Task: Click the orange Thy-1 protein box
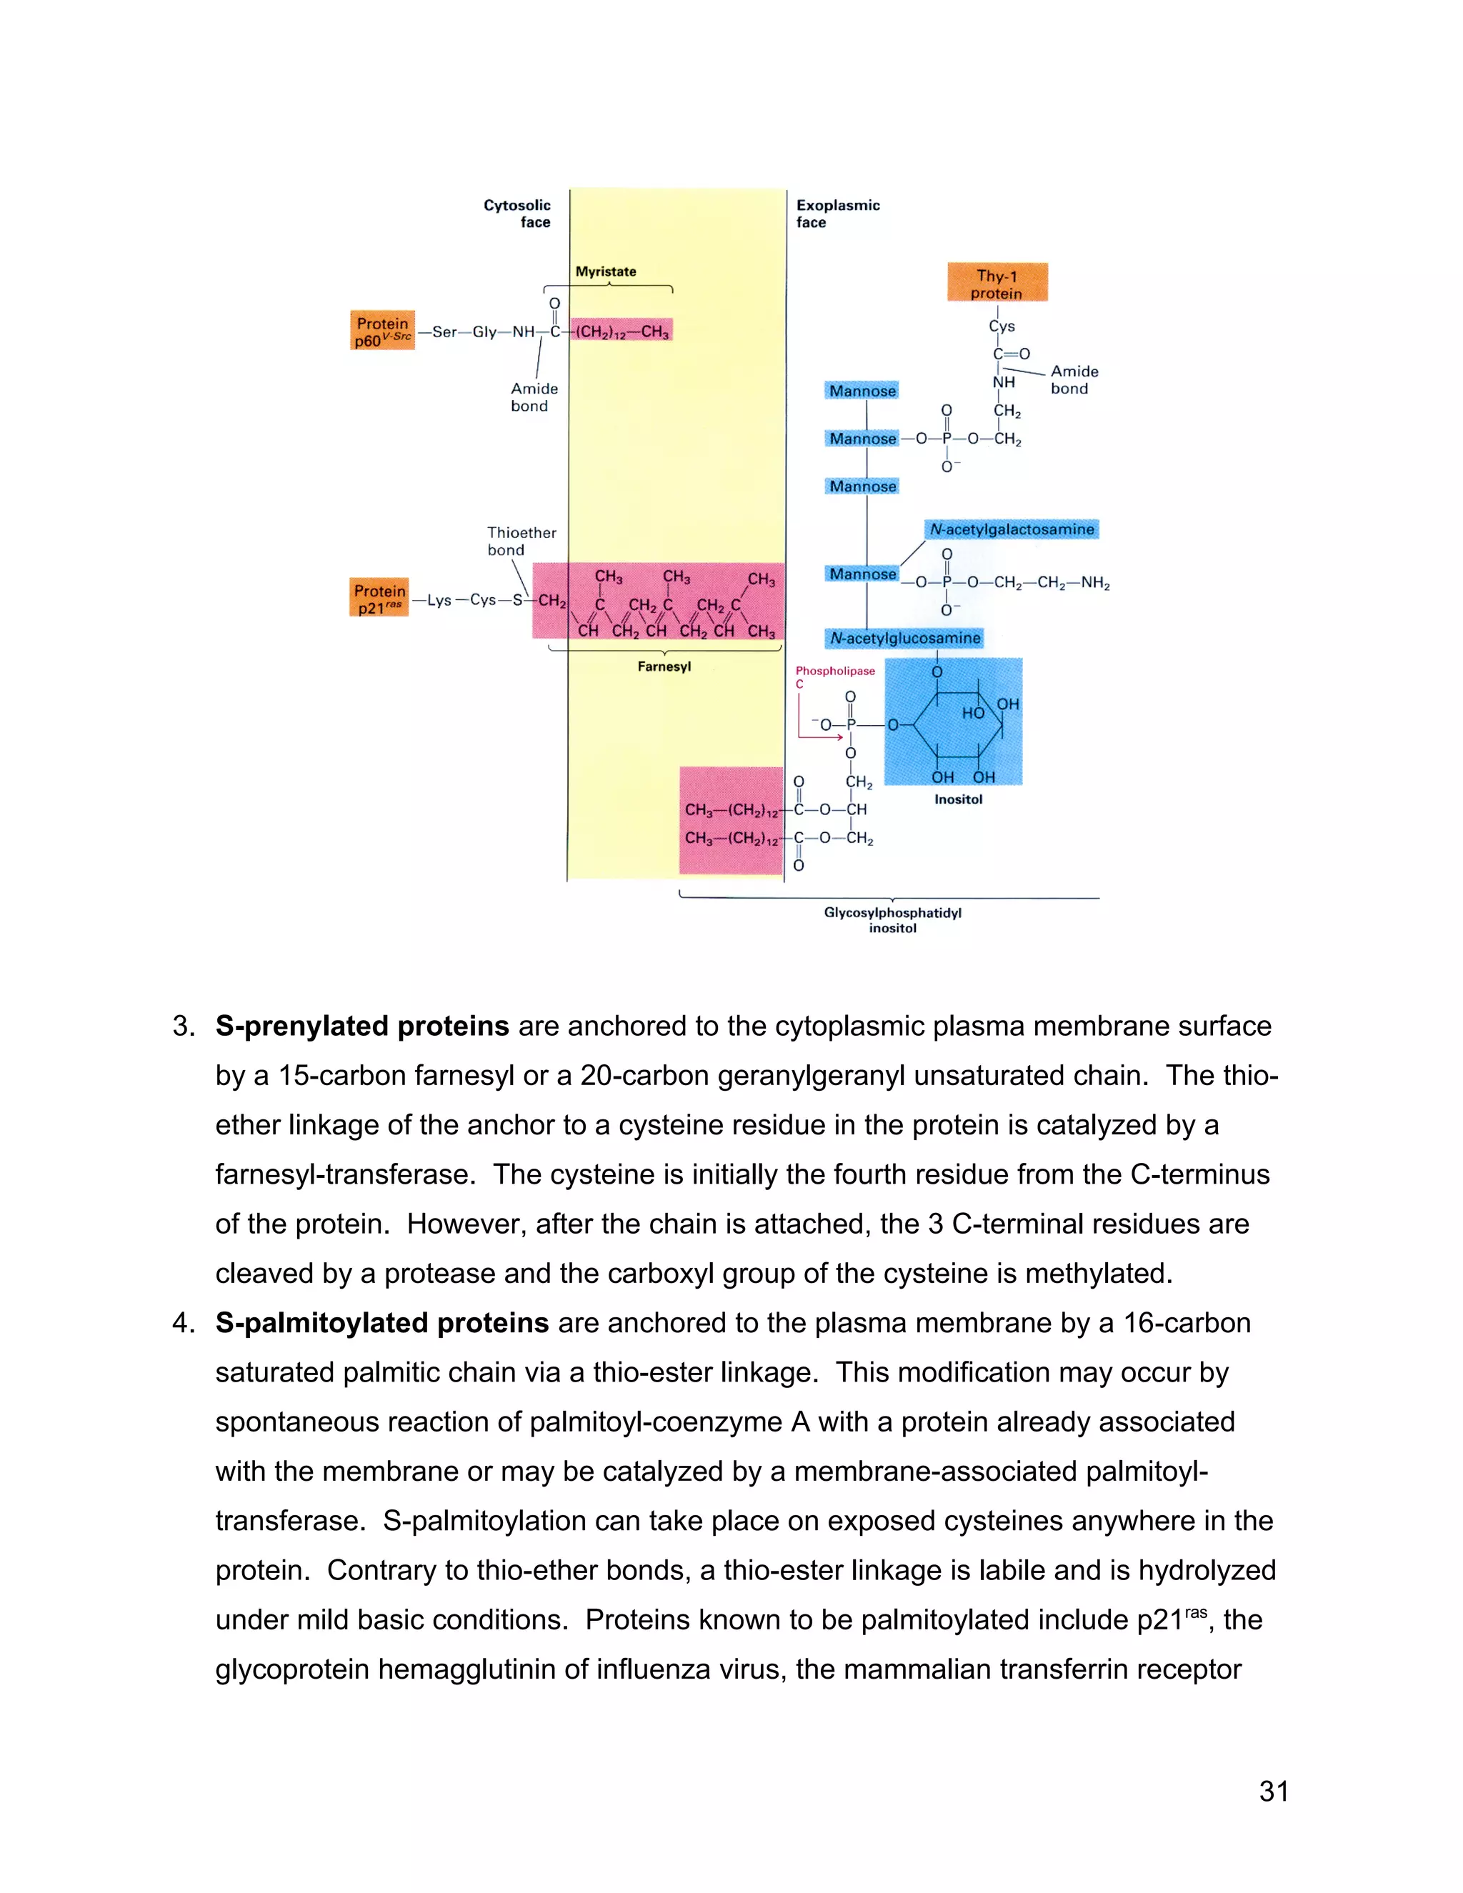[997, 283]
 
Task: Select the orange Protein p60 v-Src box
[382, 330]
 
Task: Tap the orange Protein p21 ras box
[379, 598]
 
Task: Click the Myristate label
[605, 271]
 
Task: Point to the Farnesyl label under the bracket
[664, 666]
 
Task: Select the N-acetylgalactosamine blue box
[1012, 529]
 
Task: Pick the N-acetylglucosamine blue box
[905, 638]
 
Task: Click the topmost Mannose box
[862, 391]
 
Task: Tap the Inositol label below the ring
[958, 799]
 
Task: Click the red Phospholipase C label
[834, 676]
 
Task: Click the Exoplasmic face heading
[837, 213]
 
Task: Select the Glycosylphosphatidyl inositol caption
[893, 919]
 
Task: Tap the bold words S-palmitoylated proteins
[381, 1323]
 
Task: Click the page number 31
[1273, 1791]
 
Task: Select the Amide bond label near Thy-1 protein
[1074, 379]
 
